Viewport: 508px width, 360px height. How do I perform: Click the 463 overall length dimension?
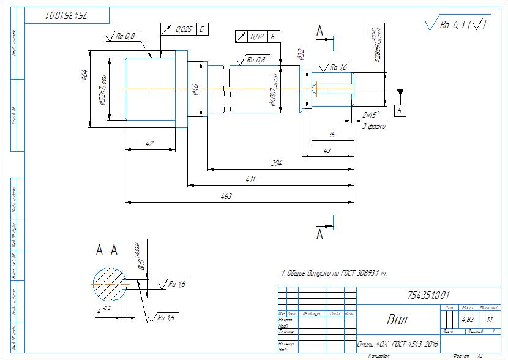tap(225, 196)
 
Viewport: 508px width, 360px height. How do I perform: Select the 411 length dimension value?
tap(251, 179)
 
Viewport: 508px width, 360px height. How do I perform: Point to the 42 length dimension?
tap(149, 144)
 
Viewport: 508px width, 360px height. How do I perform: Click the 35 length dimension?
tap(331, 134)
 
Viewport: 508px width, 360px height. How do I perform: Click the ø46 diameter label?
tap(195, 90)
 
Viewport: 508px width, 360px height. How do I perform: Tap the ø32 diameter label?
tap(301, 54)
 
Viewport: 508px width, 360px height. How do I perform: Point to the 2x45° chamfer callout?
tap(371, 114)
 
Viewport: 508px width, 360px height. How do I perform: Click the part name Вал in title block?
tap(397, 319)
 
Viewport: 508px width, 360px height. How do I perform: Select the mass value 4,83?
tap(468, 319)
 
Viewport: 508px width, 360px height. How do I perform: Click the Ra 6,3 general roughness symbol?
tap(456, 25)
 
